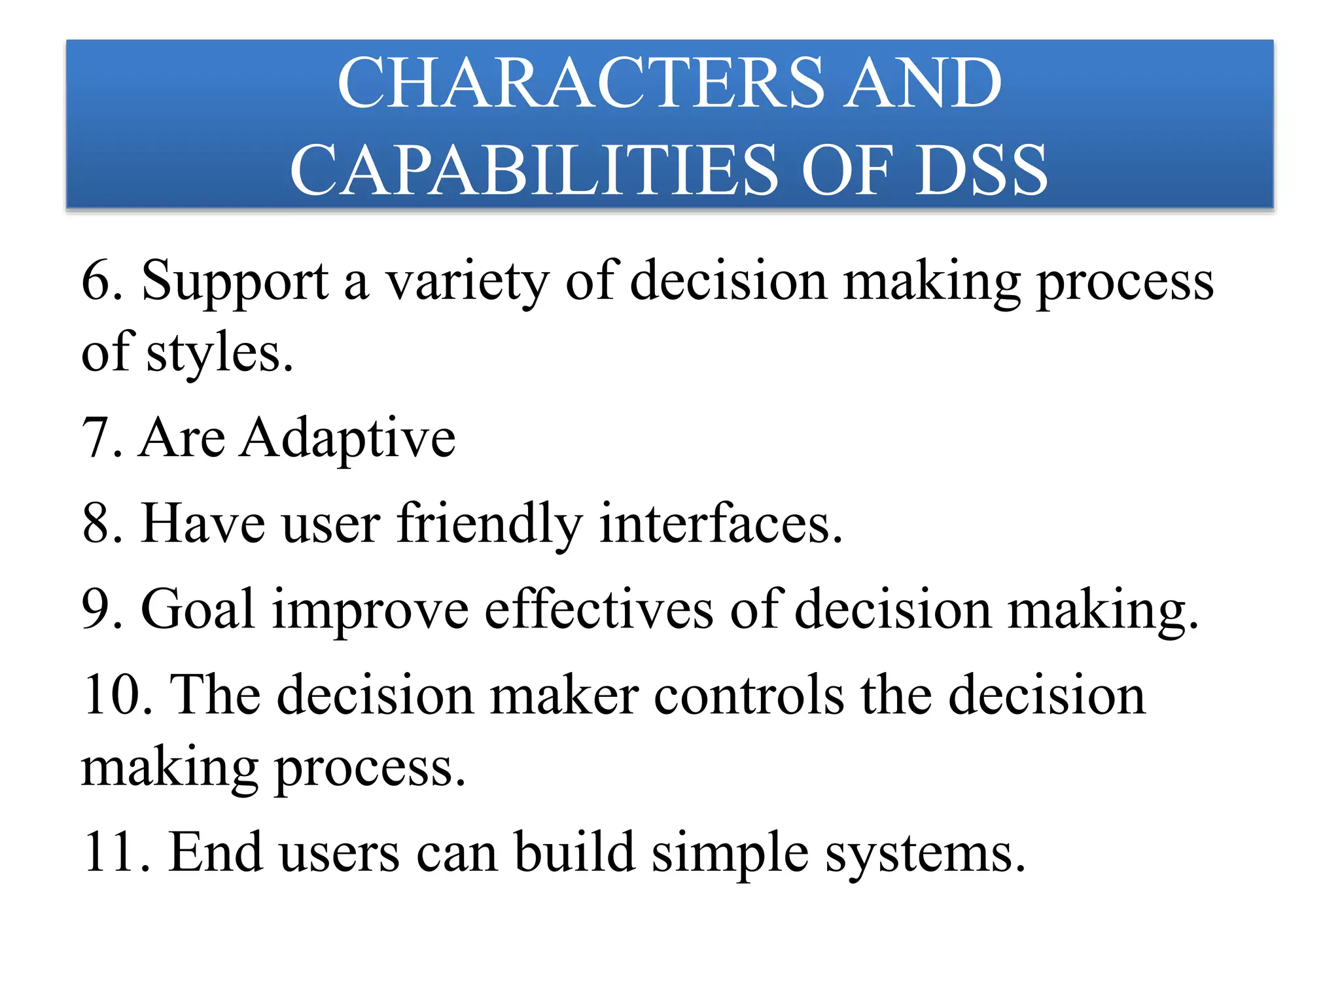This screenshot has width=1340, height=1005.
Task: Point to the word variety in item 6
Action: click(x=467, y=283)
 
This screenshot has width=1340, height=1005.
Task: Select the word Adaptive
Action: click(x=347, y=438)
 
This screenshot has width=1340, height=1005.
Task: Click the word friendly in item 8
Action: click(x=489, y=525)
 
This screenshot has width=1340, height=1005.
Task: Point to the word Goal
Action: click(x=197, y=610)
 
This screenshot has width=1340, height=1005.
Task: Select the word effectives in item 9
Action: click(x=599, y=610)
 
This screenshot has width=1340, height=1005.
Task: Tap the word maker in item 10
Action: click(x=563, y=696)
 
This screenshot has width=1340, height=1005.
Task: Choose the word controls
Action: click(x=749, y=696)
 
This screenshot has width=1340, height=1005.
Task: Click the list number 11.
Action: click(x=109, y=853)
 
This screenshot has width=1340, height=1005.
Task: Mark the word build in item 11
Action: click(x=574, y=853)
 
